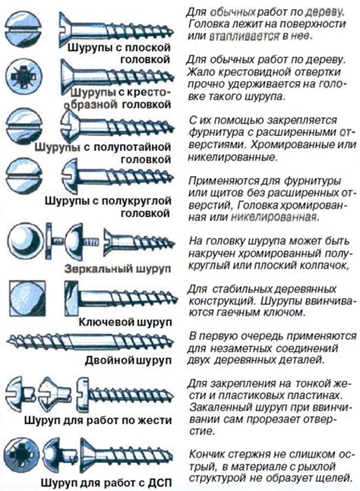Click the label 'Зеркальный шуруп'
click(x=118, y=269)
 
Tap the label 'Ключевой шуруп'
click(x=125, y=322)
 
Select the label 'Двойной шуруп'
click(x=128, y=360)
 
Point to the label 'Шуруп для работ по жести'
click(x=98, y=420)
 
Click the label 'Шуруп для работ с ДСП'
click(x=106, y=482)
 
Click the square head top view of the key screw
click(x=27, y=298)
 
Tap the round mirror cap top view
click(x=24, y=241)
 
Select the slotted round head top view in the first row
click(x=24, y=30)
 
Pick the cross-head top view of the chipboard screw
click(x=21, y=455)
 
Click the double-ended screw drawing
click(x=90, y=341)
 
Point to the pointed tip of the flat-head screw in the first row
click(x=172, y=32)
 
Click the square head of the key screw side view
click(x=71, y=298)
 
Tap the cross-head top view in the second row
click(x=24, y=77)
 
